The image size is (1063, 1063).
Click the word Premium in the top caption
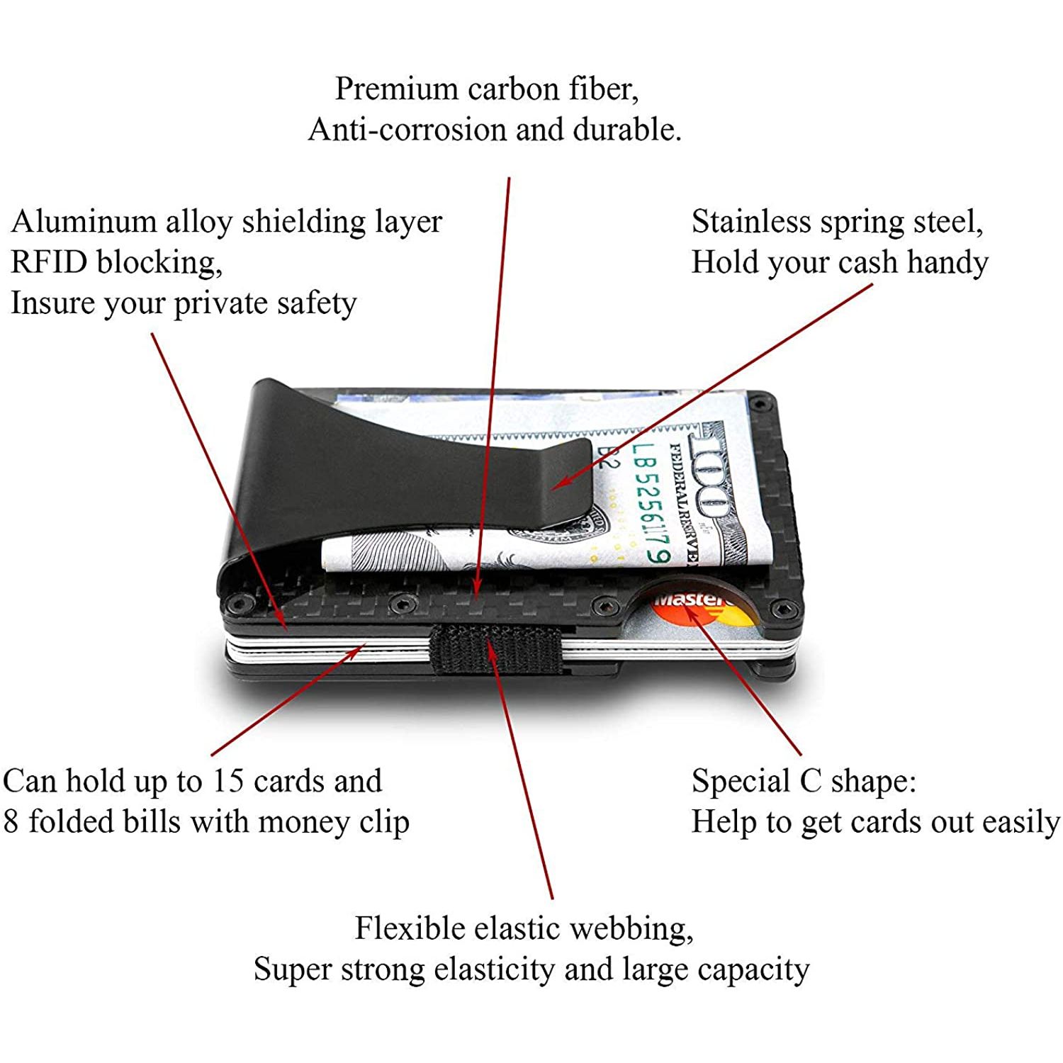pyautogui.click(x=397, y=89)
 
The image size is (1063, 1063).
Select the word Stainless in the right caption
pyautogui.click(x=751, y=221)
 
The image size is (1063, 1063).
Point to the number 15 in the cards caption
pyautogui.click(x=227, y=781)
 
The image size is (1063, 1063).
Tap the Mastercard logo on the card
pyautogui.click(x=702, y=609)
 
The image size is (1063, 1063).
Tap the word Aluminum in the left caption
pyautogui.click(x=82, y=221)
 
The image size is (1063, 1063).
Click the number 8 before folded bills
pyautogui.click(x=11, y=822)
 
